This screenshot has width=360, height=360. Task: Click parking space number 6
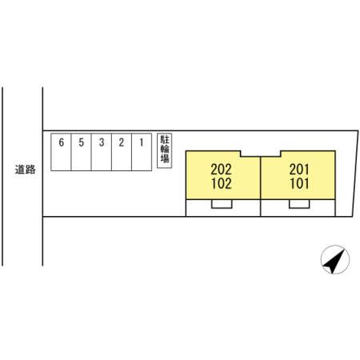[61, 152]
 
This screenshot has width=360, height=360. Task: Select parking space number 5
[82, 152]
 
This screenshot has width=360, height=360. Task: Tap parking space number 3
[102, 152]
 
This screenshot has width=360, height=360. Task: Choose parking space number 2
[122, 152]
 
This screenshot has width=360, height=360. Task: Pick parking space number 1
[142, 152]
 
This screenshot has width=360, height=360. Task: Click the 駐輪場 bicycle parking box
[164, 150]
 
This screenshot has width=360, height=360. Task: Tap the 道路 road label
[25, 170]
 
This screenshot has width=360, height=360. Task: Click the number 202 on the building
[221, 169]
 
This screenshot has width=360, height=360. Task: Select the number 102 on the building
[222, 183]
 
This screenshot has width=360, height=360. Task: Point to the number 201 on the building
[299, 169]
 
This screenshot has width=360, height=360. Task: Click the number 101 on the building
[299, 183]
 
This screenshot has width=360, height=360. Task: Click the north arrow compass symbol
[335, 259]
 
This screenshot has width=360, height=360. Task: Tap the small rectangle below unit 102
[222, 204]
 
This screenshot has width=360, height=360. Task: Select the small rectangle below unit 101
[299, 204]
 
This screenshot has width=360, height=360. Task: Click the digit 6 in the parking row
[62, 142]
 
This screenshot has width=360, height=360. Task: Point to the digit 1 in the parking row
[142, 142]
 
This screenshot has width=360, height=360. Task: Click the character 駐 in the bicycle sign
[165, 140]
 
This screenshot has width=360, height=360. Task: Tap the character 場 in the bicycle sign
[165, 158]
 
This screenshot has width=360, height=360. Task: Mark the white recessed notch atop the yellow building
[261, 154]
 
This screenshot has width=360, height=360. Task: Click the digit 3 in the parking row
[102, 142]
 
